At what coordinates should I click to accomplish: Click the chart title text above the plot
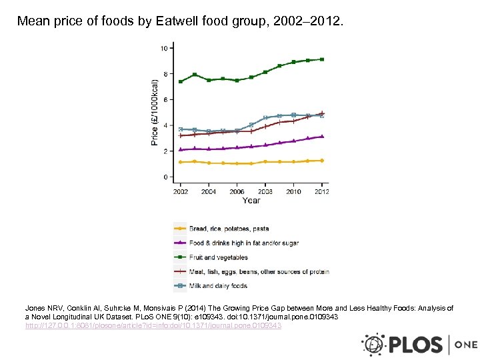(180, 21)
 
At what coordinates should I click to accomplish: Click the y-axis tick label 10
(163, 48)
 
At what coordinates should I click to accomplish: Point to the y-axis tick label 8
(165, 74)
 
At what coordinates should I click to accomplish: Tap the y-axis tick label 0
(165, 177)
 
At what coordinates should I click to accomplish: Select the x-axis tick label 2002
(181, 191)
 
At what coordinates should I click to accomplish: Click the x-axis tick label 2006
(237, 191)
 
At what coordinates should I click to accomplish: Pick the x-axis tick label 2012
(321, 191)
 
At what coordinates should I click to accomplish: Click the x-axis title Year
(251, 201)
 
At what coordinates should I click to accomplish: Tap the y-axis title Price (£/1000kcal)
(155, 112)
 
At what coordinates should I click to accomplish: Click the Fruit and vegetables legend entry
(218, 257)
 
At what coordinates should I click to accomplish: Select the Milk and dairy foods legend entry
(218, 286)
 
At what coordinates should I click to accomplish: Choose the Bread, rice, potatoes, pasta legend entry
(229, 229)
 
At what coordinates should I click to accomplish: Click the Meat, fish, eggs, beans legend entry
(259, 272)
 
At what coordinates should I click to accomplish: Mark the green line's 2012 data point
(322, 59)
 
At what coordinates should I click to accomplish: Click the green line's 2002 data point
(181, 81)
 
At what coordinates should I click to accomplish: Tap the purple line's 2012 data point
(322, 136)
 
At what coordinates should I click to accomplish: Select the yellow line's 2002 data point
(181, 162)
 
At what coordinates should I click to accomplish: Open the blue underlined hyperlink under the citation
(153, 325)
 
